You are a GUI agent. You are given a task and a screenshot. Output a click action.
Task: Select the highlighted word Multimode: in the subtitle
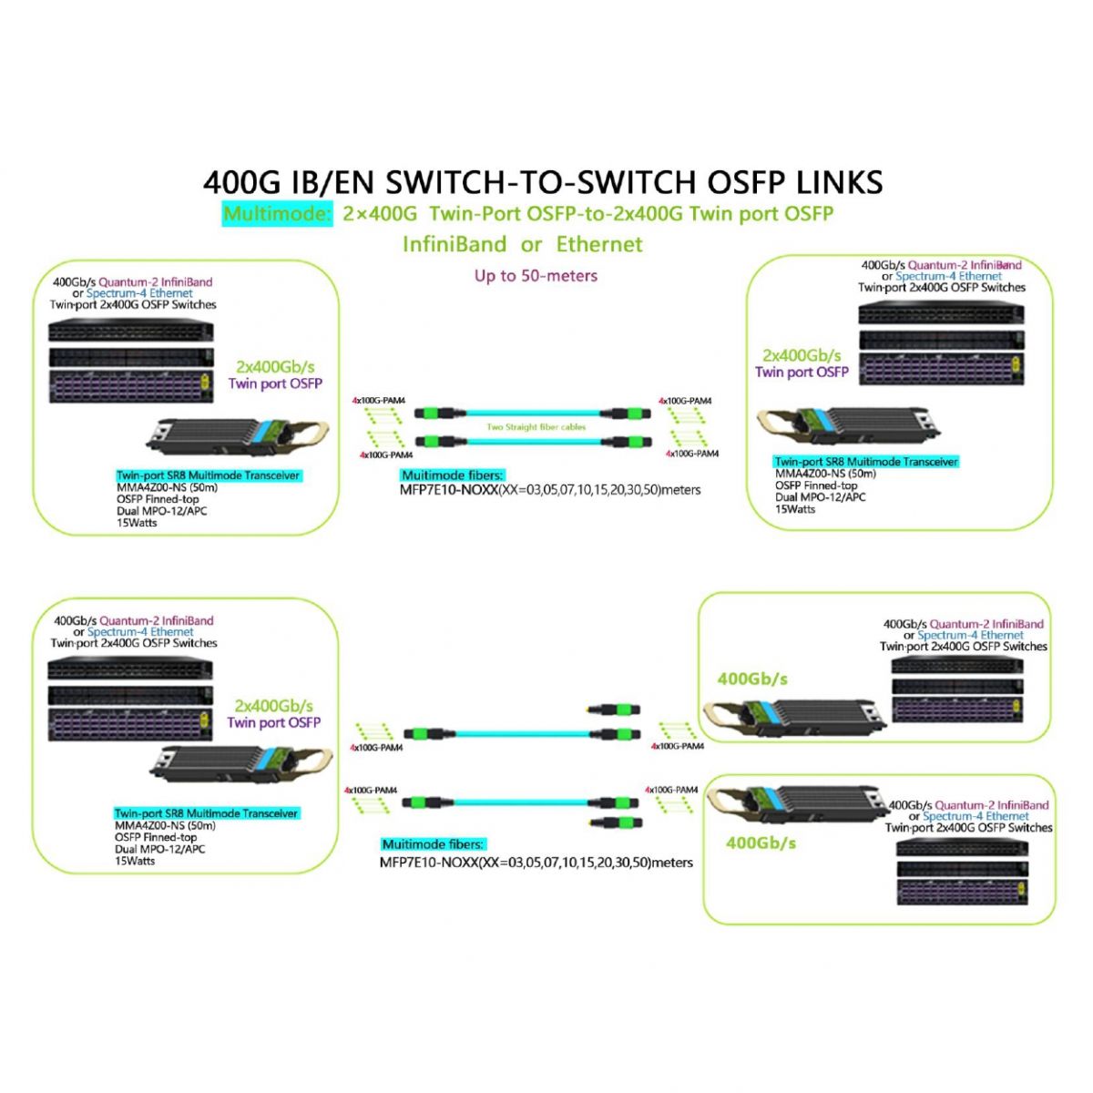coord(277,215)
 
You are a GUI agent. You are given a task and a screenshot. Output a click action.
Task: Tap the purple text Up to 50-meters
coord(536,275)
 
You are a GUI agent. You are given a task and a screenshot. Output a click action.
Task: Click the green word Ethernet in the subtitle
coord(599,244)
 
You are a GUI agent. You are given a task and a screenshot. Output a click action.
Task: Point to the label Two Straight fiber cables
coord(536,427)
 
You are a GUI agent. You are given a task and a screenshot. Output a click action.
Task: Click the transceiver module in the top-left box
coord(219,438)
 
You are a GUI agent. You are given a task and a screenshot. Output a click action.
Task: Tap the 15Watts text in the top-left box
coord(137,523)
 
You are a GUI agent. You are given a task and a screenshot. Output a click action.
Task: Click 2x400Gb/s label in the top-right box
coord(802,355)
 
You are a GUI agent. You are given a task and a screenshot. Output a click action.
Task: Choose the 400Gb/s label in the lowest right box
coord(761,843)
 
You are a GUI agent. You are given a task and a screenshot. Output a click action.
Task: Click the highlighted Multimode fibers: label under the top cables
coord(452,475)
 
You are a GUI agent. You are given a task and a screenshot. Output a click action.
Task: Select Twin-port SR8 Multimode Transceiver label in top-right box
coord(866,462)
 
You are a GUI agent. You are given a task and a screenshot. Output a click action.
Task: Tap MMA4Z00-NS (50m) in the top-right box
coord(825,474)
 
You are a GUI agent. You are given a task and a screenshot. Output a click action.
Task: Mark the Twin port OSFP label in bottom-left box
coord(274,722)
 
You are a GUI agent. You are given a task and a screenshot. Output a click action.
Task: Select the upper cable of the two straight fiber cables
coord(536,414)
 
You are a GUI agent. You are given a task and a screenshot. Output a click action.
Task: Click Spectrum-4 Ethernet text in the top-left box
coord(139,293)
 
